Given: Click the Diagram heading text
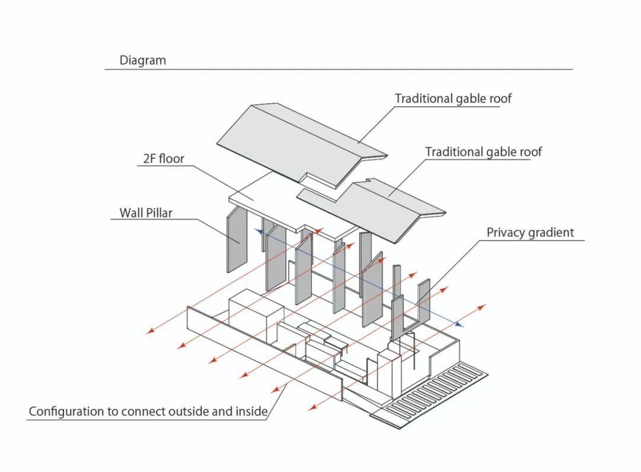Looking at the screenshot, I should (142, 60).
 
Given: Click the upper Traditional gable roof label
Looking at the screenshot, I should (453, 99).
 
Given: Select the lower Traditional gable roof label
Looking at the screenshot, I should (483, 152).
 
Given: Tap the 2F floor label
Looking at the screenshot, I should (163, 159).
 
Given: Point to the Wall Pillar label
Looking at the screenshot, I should (145, 213).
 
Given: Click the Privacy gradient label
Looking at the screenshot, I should (530, 232).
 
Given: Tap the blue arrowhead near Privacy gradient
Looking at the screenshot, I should (458, 324).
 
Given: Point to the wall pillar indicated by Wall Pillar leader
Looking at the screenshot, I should (237, 240).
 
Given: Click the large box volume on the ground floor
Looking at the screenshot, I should (252, 315).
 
